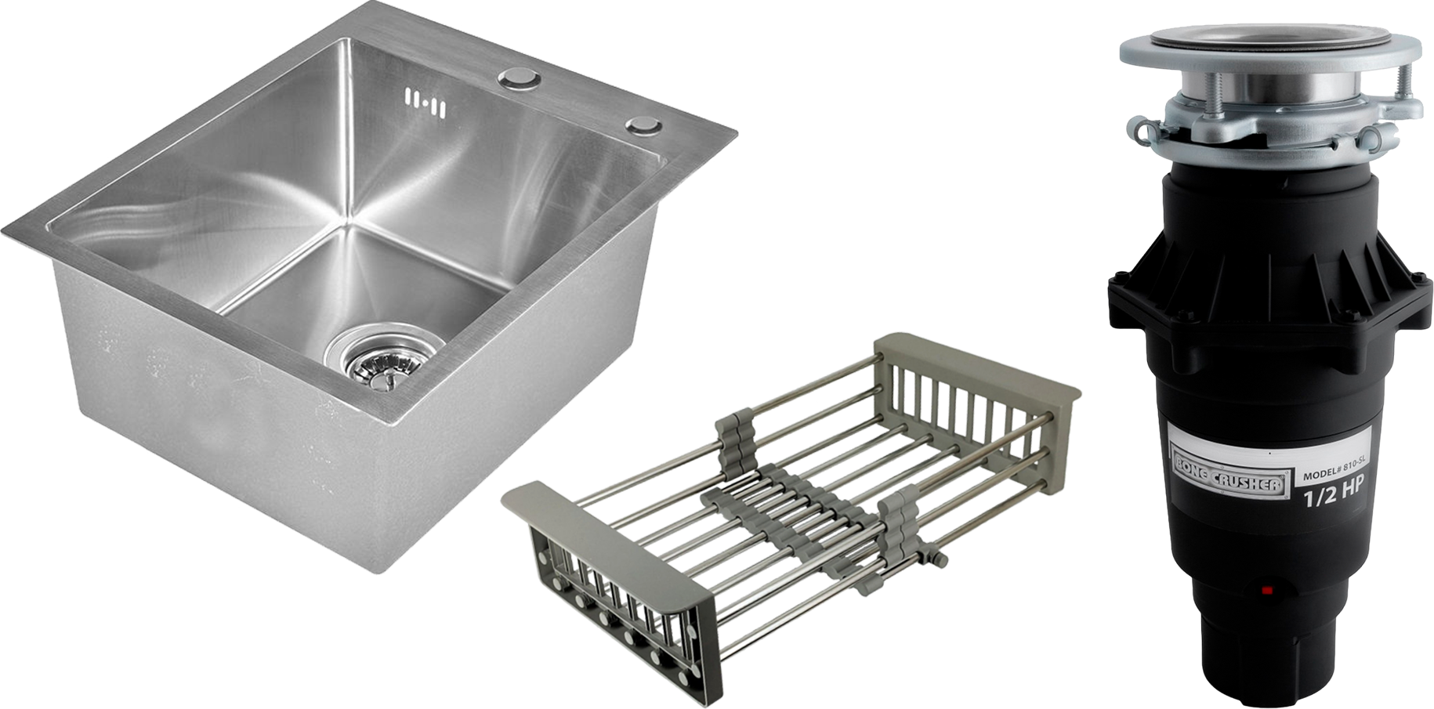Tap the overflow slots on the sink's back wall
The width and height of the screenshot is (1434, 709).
425,103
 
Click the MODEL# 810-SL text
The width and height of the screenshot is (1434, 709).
1332,473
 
